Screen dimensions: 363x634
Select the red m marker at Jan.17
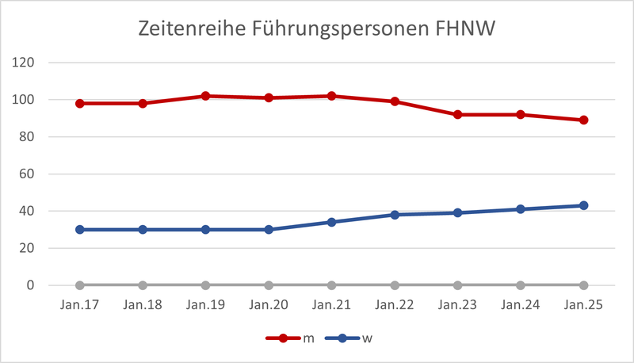point(80,103)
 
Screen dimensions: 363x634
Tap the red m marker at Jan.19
point(206,96)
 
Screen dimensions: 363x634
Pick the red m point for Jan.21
point(332,96)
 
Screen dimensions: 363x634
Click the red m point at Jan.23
point(458,114)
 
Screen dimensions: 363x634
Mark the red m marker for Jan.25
point(584,120)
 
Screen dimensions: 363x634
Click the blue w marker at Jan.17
point(80,230)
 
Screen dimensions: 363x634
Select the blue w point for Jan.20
point(269,230)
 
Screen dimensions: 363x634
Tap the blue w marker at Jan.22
point(395,215)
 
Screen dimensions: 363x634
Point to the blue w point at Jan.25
point(584,205)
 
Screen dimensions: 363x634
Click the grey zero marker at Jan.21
point(332,285)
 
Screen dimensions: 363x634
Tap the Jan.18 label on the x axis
point(143,305)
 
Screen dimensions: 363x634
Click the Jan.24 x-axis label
point(521,305)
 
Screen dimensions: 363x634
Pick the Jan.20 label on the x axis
point(269,305)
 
